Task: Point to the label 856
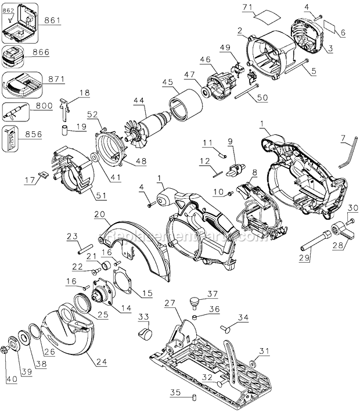click(x=34, y=133)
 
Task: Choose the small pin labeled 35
click(x=196, y=397)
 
